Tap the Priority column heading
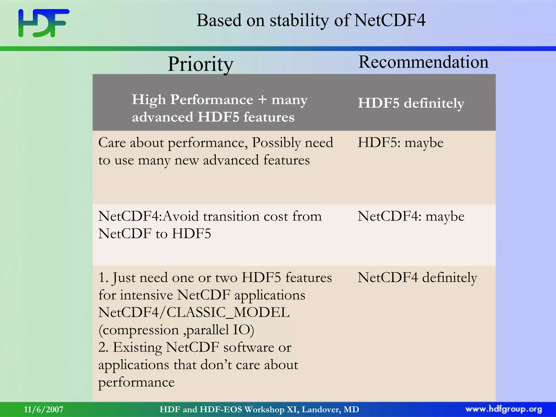coord(200,64)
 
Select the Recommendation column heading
coord(423,62)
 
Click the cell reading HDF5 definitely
coord(411,103)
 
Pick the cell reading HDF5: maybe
coord(400,143)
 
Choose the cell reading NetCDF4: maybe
coord(411,216)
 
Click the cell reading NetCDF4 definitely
coord(417,278)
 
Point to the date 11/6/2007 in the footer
coord(43,409)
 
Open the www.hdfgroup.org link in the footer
coord(503,409)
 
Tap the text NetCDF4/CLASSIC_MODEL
coord(194,312)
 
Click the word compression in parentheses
coord(141,330)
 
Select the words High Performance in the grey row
coord(192,100)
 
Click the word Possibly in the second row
coord(276,143)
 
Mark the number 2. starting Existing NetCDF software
coord(103,347)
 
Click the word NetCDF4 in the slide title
coord(390,20)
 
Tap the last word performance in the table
coord(136,383)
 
